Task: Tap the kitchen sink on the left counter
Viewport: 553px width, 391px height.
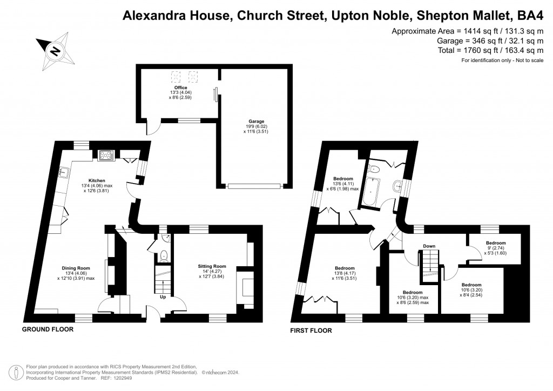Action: click(x=64, y=172)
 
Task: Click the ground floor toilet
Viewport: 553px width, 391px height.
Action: click(x=165, y=257)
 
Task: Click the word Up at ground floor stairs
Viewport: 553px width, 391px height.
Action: click(x=162, y=297)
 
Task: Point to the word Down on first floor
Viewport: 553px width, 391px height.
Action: click(x=429, y=246)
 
